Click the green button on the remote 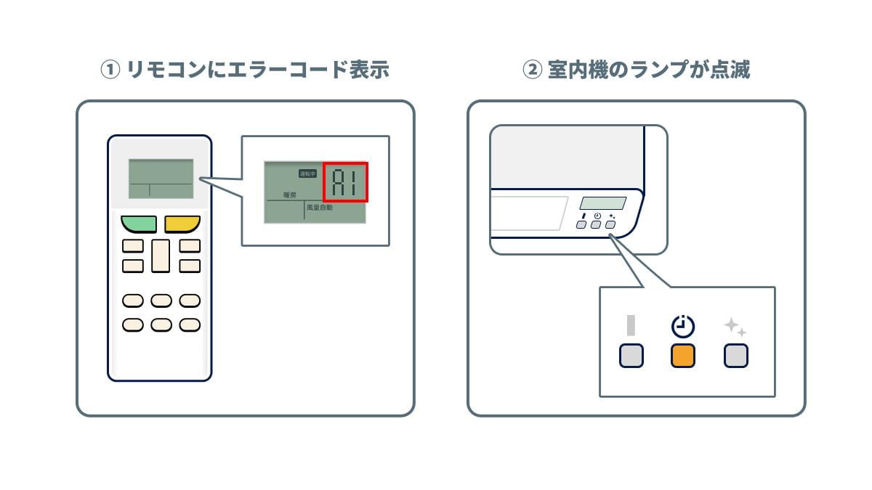[139, 224]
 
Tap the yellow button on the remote [182, 224]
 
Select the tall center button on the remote [161, 256]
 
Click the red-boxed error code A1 [345, 181]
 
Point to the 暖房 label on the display [290, 195]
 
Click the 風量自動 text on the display [320, 208]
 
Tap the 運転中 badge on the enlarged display [308, 173]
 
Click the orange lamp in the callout [682, 356]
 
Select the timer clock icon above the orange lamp [682, 327]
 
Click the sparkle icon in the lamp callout [735, 327]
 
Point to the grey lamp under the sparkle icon [736, 356]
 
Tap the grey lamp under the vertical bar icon [631, 356]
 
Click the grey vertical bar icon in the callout [631, 325]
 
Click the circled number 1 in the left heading [109, 70]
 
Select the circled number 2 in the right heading [532, 70]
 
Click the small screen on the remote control [161, 179]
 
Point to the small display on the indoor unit [603, 204]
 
